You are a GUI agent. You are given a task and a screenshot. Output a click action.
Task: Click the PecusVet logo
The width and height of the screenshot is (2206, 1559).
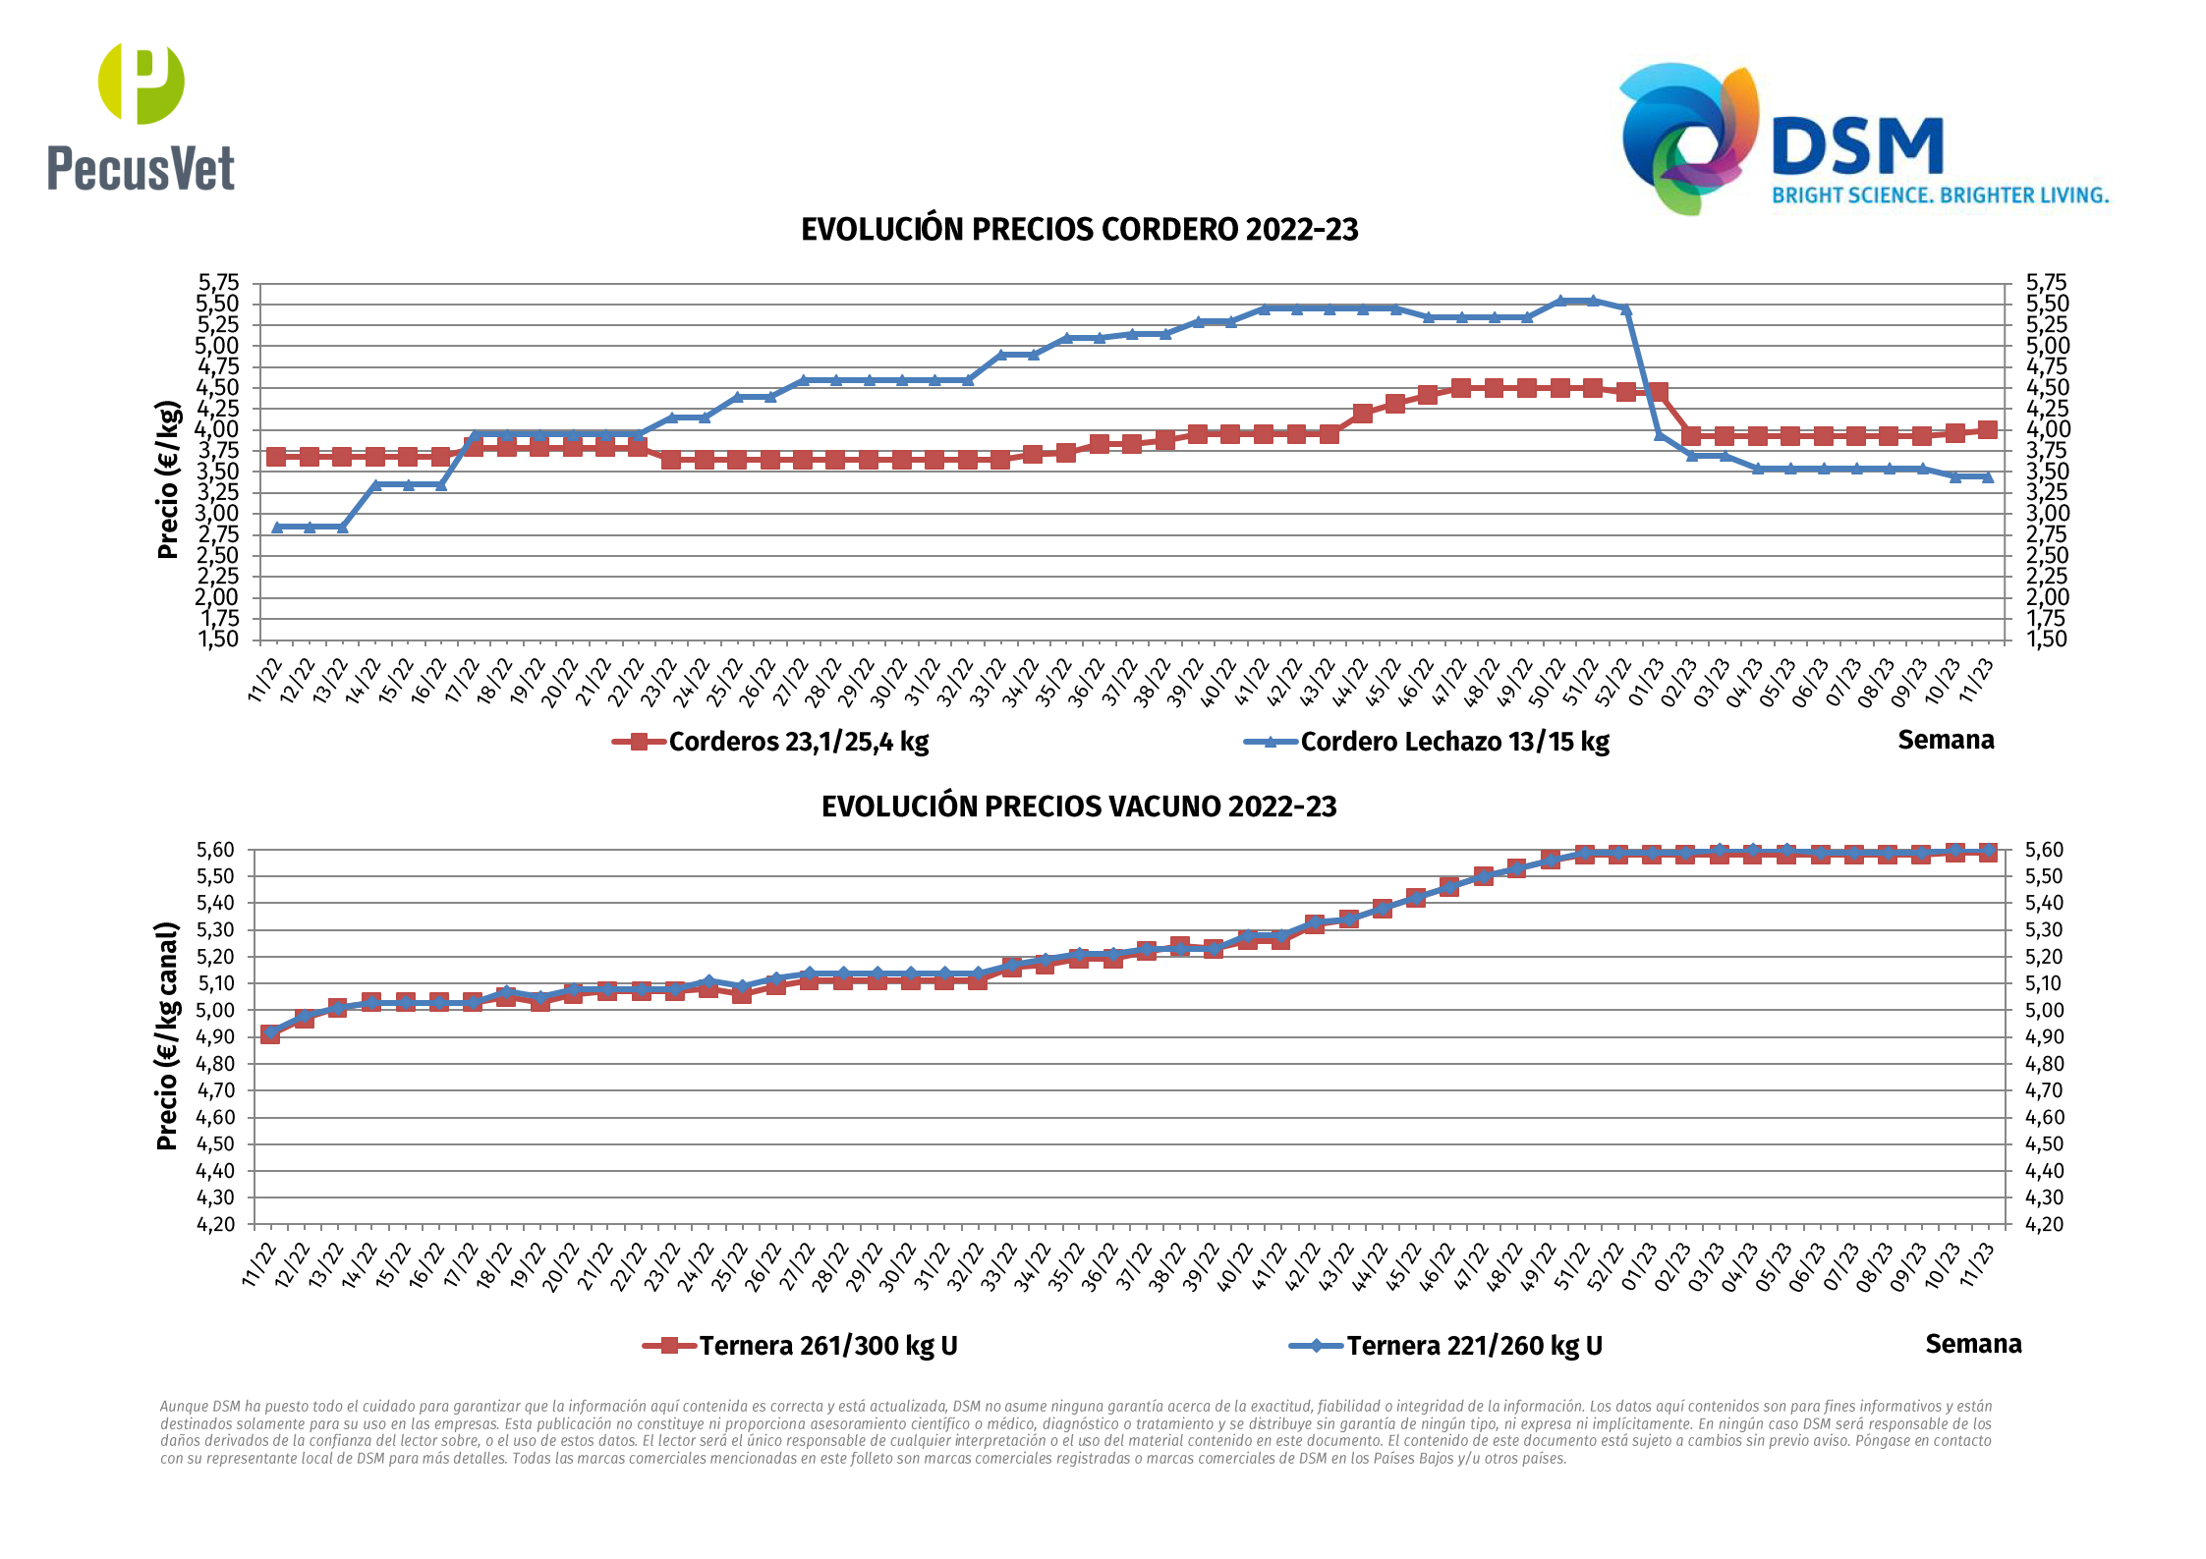click(x=141, y=117)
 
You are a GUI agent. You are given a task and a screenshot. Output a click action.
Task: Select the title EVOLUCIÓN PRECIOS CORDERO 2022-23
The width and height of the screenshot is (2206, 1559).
click(x=1079, y=230)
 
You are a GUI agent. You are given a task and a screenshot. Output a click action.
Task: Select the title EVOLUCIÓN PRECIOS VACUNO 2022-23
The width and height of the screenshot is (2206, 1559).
click(x=1079, y=807)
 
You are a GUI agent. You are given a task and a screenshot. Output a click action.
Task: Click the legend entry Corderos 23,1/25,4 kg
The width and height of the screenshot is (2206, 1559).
click(x=798, y=742)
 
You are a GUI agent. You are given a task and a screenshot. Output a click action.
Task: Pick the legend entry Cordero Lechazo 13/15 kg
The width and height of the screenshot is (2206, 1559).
click(x=1454, y=742)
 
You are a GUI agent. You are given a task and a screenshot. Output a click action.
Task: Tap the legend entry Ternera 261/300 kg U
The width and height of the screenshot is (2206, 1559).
click(x=827, y=1346)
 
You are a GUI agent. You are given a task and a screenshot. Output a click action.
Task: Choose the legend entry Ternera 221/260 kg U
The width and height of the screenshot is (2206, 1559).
click(x=1474, y=1346)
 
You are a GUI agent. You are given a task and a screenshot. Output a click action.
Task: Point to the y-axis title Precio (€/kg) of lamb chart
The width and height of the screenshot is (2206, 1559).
click(x=168, y=479)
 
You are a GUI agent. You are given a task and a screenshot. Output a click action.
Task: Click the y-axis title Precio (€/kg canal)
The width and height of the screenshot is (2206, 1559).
click(x=168, y=1036)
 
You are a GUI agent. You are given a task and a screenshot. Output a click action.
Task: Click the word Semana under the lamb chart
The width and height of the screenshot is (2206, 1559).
click(x=1946, y=740)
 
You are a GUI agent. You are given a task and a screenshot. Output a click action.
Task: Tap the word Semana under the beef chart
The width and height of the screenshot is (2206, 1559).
click(x=1973, y=1344)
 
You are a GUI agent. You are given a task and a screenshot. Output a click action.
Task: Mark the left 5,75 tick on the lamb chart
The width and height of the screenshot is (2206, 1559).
click(x=218, y=283)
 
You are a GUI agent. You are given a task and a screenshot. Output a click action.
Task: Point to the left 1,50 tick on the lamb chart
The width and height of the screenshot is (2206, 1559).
click(x=218, y=640)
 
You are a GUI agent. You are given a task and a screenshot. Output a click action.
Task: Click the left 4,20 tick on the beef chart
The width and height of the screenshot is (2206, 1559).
click(x=216, y=1224)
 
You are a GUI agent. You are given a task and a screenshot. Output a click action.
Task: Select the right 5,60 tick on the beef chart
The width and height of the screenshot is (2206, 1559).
click(x=2044, y=850)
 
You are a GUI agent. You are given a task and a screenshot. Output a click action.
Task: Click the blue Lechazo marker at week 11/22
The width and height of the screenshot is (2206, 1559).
click(x=277, y=528)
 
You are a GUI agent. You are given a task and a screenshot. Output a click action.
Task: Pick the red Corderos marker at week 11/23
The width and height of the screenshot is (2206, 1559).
click(x=1987, y=429)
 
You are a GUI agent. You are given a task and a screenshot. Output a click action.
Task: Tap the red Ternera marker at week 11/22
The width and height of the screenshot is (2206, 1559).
click(x=270, y=1033)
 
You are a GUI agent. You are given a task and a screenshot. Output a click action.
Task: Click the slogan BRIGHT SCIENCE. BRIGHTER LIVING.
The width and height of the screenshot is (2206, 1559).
click(x=1941, y=195)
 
